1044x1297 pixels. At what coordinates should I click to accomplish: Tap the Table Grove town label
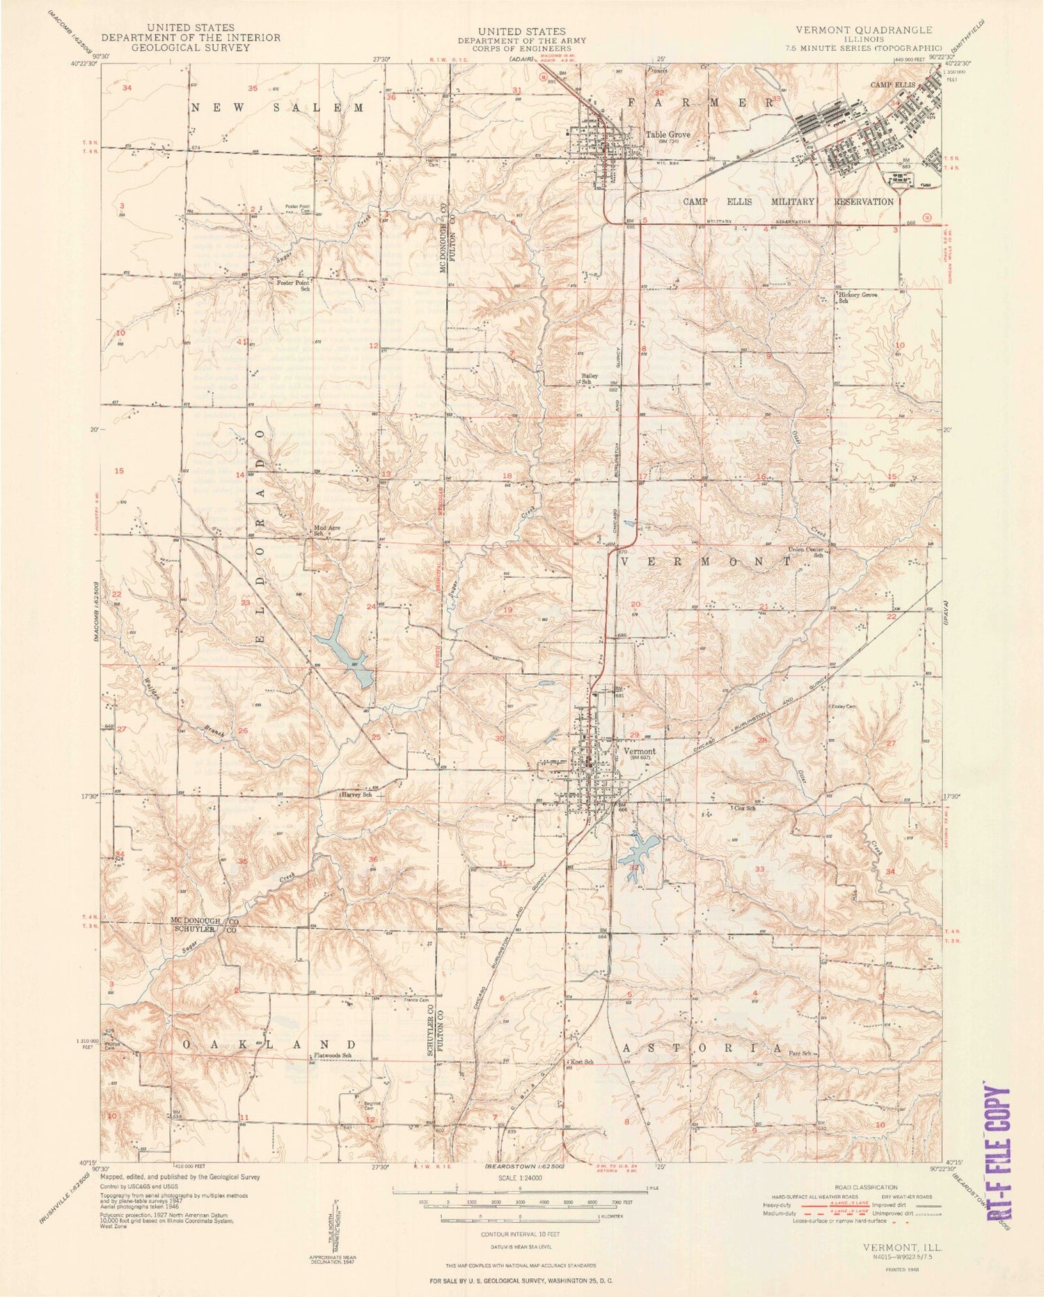click(667, 135)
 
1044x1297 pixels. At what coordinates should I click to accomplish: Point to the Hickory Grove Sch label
click(857, 298)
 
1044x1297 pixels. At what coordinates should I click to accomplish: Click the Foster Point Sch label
click(293, 285)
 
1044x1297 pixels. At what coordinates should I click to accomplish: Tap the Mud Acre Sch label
click(326, 530)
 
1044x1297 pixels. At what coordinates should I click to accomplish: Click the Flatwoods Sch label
click(333, 1055)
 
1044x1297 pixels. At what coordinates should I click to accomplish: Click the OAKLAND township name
click(271, 1045)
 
